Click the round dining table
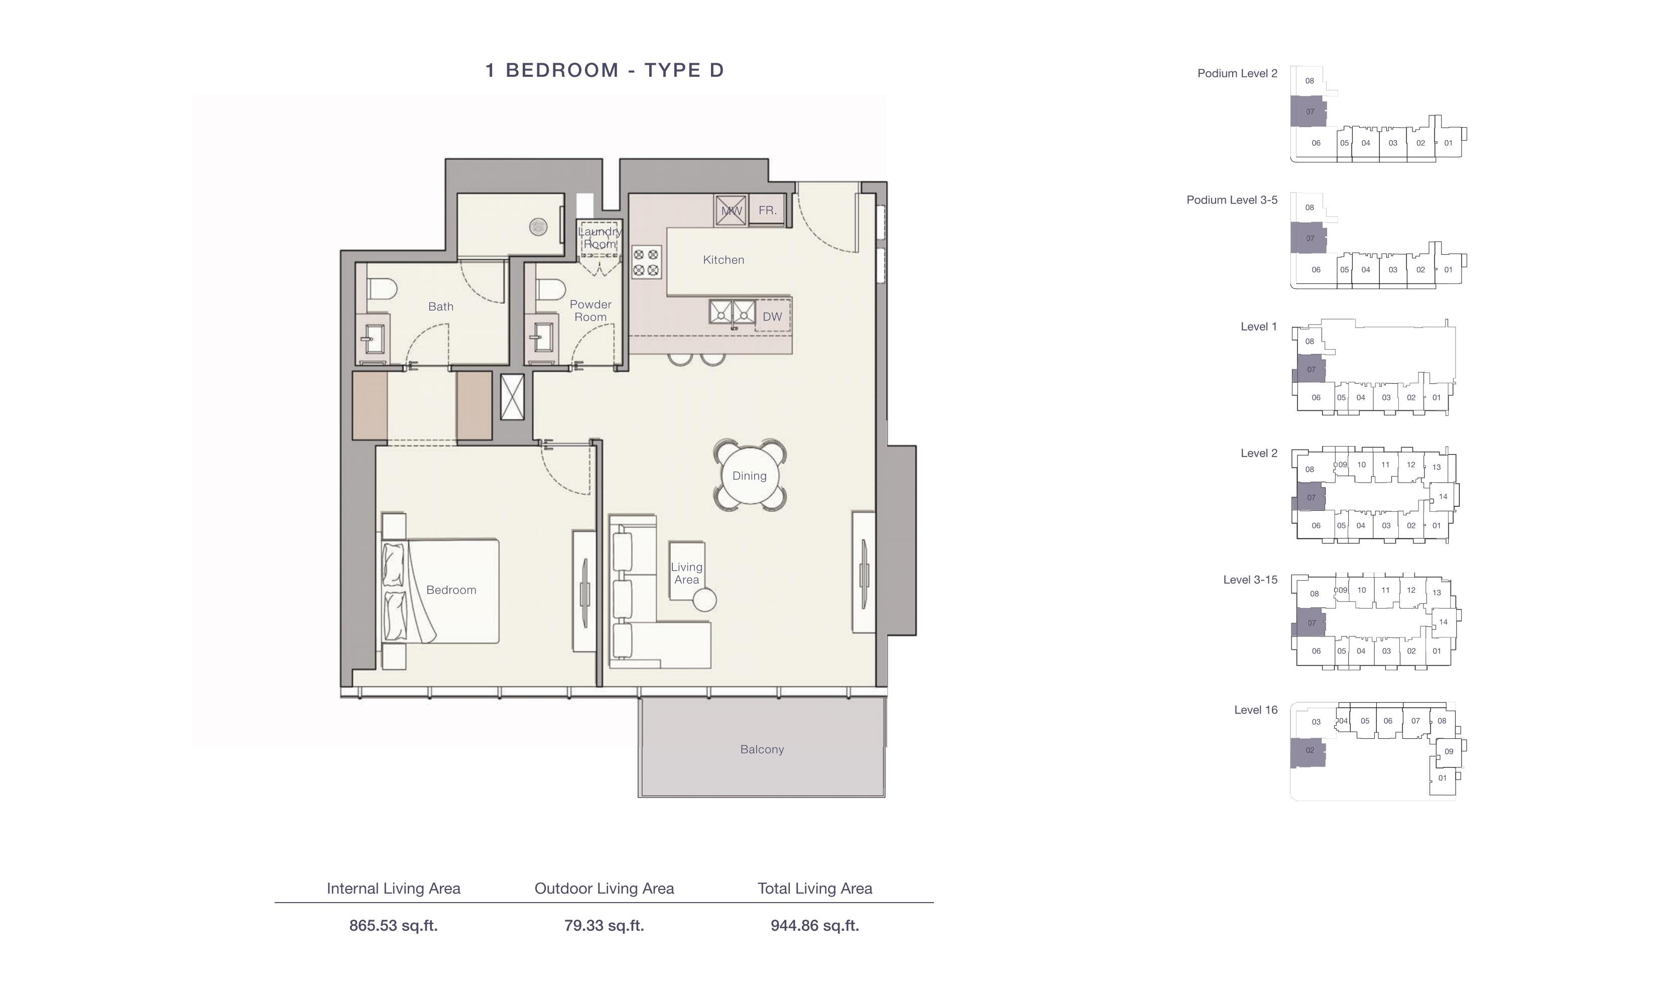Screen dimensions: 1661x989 pyautogui.click(x=749, y=475)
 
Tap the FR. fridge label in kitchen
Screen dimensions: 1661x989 pyautogui.click(x=767, y=210)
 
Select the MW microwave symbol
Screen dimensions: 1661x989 pyautogui.click(x=731, y=210)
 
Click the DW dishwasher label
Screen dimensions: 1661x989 pyautogui.click(x=772, y=316)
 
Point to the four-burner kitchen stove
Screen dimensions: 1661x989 pyautogui.click(x=645, y=262)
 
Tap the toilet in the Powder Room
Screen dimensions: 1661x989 pyautogui.click(x=551, y=289)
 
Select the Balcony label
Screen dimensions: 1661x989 pyautogui.click(x=762, y=749)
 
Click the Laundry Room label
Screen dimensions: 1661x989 pyautogui.click(x=600, y=237)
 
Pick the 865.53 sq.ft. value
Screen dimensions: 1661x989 pyautogui.click(x=394, y=925)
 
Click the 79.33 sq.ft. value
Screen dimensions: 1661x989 pyautogui.click(x=604, y=925)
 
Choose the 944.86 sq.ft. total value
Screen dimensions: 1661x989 pyautogui.click(x=814, y=925)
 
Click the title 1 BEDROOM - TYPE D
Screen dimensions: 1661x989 pyautogui.click(x=605, y=70)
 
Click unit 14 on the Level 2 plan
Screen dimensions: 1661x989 pyautogui.click(x=1443, y=496)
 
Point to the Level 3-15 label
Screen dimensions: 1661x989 pyautogui.click(x=1250, y=580)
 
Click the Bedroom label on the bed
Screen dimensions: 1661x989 pyautogui.click(x=451, y=590)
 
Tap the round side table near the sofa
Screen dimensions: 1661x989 pyautogui.click(x=704, y=600)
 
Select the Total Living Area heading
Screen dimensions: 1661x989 pyautogui.click(x=814, y=889)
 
